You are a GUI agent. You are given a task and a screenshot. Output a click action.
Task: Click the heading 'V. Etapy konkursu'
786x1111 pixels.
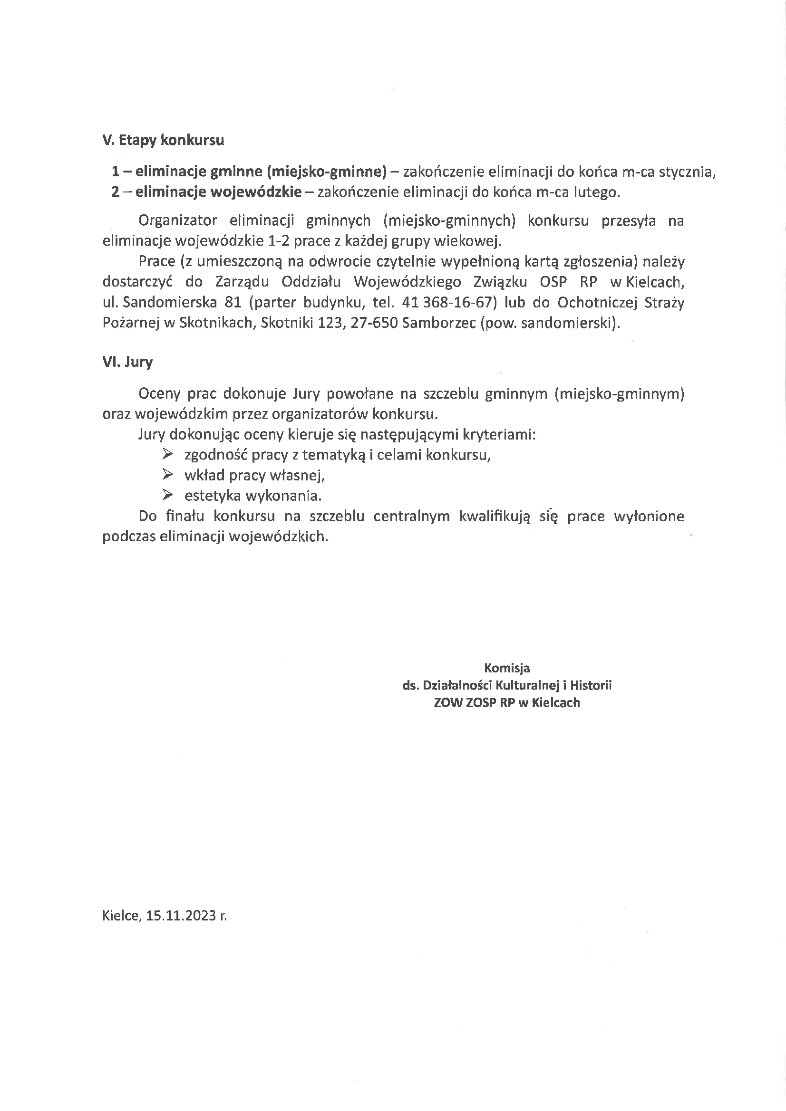coord(163,140)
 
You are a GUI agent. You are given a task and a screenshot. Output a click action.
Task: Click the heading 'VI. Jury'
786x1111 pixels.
coord(127,362)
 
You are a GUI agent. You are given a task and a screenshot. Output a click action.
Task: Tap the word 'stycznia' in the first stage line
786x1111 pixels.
coord(686,172)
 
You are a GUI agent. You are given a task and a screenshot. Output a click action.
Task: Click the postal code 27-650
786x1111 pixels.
coord(374,322)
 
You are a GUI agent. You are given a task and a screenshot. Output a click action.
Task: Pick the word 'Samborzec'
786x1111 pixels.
coord(439,322)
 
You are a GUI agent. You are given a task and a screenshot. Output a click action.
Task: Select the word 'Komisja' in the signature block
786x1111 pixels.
coord(506,668)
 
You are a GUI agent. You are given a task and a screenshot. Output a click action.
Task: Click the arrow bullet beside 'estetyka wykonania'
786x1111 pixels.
coord(167,495)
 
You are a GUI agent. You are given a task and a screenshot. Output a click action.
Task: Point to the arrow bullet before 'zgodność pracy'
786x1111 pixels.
coord(167,454)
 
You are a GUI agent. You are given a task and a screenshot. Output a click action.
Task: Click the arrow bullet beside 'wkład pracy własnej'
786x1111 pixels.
coord(167,474)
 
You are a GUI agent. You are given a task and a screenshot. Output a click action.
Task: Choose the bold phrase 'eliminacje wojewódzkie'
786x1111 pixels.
coord(218,192)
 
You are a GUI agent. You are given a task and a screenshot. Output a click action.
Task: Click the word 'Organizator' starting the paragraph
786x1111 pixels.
coord(178,220)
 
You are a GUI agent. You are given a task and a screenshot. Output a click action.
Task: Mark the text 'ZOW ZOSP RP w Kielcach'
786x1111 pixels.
coord(506,703)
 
